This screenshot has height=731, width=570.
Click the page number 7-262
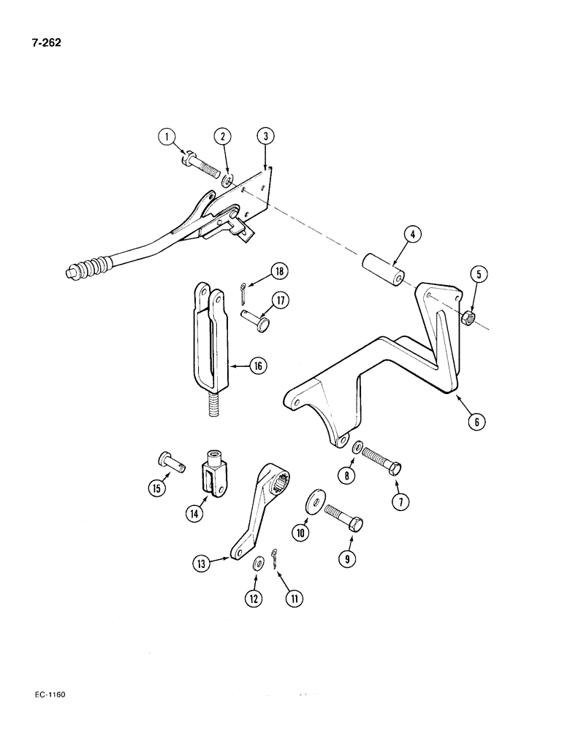[x=45, y=42]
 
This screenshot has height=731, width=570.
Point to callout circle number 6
[x=476, y=422]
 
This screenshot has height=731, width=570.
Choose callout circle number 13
[x=202, y=563]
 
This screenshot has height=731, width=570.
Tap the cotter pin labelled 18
[x=242, y=292]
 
